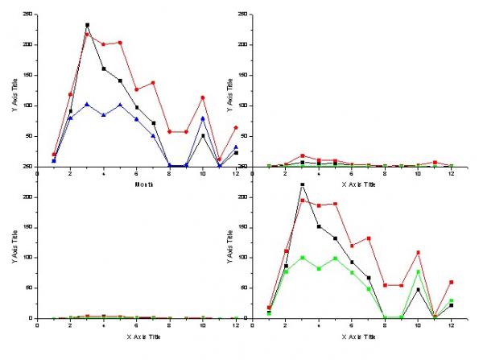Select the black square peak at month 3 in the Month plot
(87, 25)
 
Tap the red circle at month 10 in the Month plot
(202, 97)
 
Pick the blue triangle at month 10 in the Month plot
(202, 118)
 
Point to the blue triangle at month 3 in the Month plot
(87, 104)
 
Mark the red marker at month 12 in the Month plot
(235, 128)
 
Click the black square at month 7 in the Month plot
(153, 123)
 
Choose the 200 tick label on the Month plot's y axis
(28, 45)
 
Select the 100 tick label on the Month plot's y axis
(28, 106)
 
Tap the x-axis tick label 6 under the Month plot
(136, 172)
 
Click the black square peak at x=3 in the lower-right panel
(303, 185)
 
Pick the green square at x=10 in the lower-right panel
(419, 271)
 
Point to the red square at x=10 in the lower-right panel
(419, 253)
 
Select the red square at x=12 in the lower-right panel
(452, 282)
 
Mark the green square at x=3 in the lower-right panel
(303, 258)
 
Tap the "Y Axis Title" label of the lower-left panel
(14, 257)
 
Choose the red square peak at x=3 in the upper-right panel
(303, 155)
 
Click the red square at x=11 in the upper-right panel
(435, 163)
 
